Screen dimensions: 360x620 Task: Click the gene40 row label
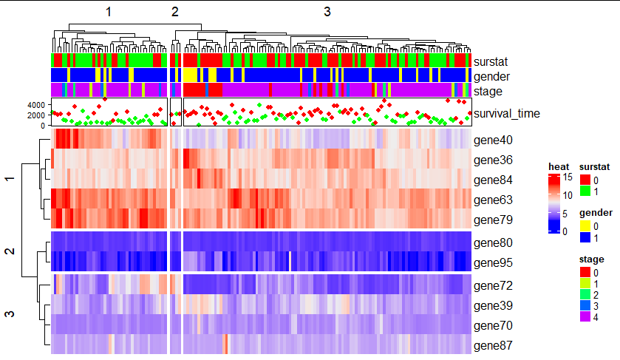494,140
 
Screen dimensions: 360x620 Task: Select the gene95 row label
494,262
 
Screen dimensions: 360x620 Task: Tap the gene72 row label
494,285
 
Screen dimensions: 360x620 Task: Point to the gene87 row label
494,345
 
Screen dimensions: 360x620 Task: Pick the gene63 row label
494,200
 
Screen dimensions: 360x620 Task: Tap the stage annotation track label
488,92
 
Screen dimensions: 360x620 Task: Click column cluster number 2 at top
175,11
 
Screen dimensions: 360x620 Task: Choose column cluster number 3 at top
327,11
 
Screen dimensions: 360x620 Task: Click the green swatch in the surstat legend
585,191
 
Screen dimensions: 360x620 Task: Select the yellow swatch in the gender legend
585,226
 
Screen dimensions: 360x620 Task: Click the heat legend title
557,166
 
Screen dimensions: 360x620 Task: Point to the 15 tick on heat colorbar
568,177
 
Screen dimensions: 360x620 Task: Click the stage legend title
592,259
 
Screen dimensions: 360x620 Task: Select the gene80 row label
494,242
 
